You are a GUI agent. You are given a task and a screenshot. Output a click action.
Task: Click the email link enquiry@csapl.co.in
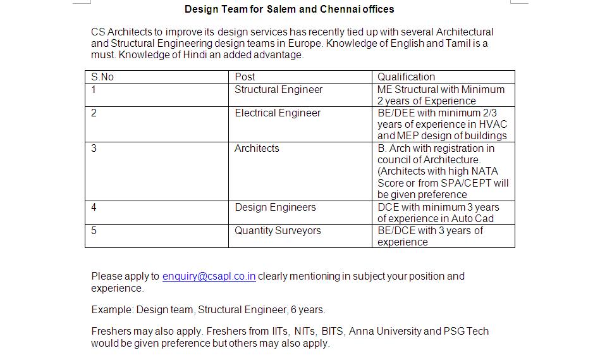coord(209,276)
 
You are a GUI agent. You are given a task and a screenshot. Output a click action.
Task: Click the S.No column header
coord(102,77)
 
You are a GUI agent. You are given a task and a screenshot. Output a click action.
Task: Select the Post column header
coord(245,77)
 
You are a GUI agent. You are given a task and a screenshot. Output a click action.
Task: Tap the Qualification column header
coord(406,77)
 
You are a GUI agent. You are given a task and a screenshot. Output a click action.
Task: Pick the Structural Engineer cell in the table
coord(278,90)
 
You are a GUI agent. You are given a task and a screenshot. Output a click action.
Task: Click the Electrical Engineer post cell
coord(278,113)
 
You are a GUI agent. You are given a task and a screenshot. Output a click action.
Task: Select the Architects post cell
coord(257,148)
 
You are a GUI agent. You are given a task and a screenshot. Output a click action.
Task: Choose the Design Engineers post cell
coord(275,207)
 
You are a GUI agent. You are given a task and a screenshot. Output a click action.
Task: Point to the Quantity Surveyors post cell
coord(278,230)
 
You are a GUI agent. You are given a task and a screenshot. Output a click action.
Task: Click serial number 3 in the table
coord(94,148)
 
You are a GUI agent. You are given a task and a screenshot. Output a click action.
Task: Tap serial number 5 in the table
coord(94,230)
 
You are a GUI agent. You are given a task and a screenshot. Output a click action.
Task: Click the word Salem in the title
coord(281,9)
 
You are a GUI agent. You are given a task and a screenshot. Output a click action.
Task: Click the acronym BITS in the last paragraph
coord(332,331)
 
